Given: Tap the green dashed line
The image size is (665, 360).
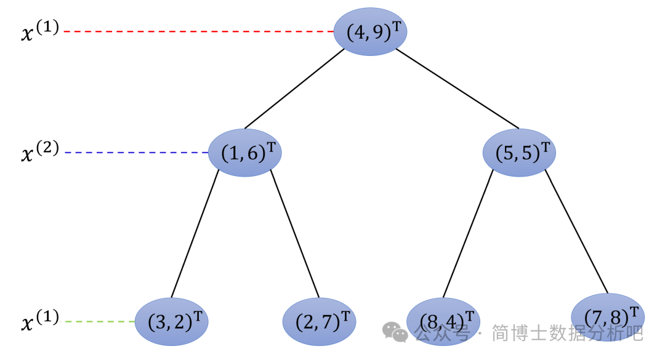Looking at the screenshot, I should (100, 321).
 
